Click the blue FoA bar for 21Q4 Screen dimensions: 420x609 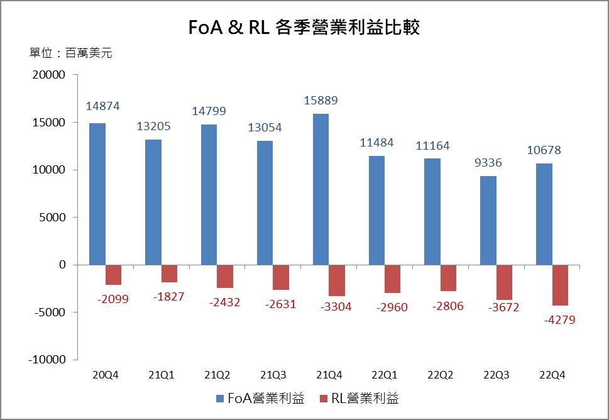click(x=321, y=189)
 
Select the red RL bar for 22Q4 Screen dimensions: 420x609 click(x=560, y=285)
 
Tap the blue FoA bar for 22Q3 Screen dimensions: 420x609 click(x=488, y=220)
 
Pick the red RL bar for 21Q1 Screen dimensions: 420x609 click(x=170, y=274)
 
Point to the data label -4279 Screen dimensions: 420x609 click(x=560, y=319)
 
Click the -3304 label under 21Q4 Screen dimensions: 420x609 click(x=336, y=307)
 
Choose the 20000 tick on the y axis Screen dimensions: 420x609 click(x=49, y=75)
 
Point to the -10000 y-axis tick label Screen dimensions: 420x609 click(x=47, y=360)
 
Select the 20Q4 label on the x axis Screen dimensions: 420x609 click(x=105, y=375)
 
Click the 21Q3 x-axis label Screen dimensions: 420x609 click(x=272, y=375)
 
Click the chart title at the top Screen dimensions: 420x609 click(x=304, y=28)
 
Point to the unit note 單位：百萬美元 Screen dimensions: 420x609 click(x=70, y=53)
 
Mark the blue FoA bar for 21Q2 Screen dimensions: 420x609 click(x=209, y=194)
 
